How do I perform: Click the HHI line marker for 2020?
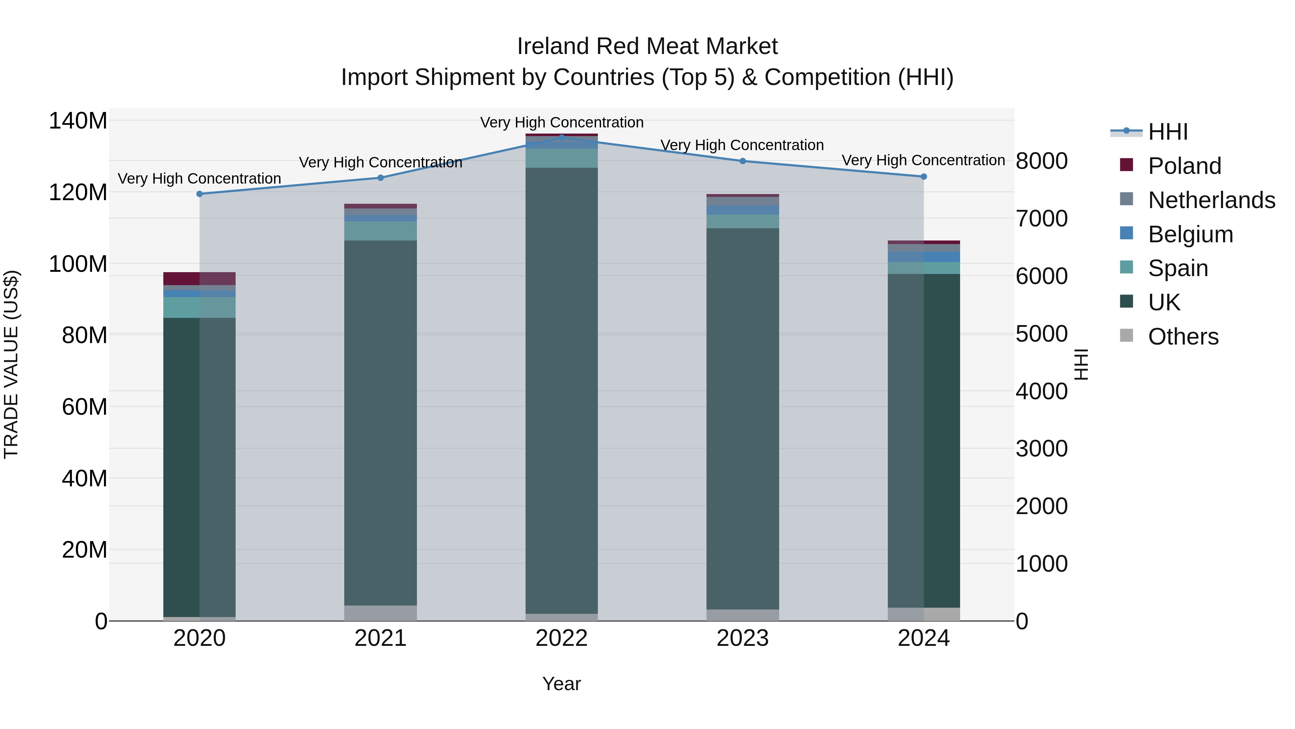click(x=200, y=194)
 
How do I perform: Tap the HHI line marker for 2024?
click(x=923, y=177)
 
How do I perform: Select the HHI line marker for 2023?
click(x=742, y=161)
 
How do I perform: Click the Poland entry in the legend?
click(x=1184, y=166)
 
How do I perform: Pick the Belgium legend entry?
click(x=1190, y=234)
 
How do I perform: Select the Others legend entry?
click(x=1183, y=337)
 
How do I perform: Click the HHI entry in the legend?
click(x=1167, y=132)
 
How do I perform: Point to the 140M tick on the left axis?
click(x=78, y=121)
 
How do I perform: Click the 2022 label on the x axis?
click(x=562, y=638)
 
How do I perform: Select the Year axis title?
click(x=562, y=684)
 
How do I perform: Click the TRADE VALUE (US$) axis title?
click(x=11, y=364)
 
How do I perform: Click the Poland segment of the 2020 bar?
click(x=200, y=279)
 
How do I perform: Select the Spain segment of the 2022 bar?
click(x=562, y=158)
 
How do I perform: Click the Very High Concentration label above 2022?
click(x=562, y=122)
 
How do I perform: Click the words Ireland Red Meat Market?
click(x=647, y=46)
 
